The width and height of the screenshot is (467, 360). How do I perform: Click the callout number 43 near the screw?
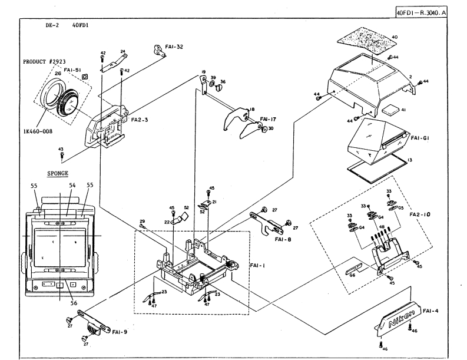tap(62, 150)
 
